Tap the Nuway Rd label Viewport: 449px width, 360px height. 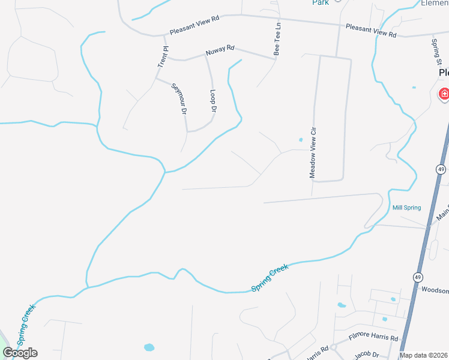[220, 52]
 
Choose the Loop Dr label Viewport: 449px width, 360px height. [213, 101]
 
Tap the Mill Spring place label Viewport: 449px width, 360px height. [406, 208]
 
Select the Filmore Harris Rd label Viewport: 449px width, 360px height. [374, 338]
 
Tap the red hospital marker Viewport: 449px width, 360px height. [444, 94]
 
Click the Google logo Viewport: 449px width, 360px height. [20, 353]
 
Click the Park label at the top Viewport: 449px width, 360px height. [321, 2]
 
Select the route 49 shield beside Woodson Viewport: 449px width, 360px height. [417, 277]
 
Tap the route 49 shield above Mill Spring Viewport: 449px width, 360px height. [441, 170]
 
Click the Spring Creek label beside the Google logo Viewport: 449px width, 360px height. [27, 324]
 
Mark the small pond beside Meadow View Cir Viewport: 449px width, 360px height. [301, 140]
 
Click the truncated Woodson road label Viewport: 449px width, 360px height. [435, 290]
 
